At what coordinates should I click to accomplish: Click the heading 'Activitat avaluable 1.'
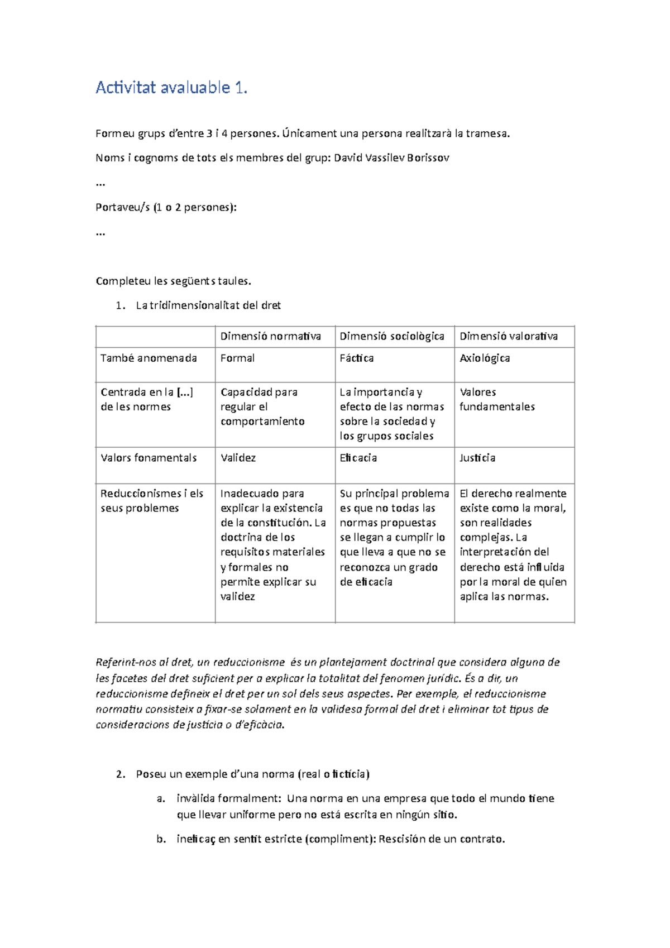[x=171, y=88]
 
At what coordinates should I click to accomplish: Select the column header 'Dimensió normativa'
[x=270, y=336]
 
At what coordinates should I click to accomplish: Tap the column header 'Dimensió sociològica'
[x=391, y=336]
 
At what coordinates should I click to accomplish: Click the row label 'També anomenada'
[x=149, y=358]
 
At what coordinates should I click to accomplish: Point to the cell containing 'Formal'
[x=237, y=358]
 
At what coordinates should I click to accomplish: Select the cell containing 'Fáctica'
[x=357, y=358]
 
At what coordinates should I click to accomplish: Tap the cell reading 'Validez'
[x=238, y=458]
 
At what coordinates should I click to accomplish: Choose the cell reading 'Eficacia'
[x=358, y=458]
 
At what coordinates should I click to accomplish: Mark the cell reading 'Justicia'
[x=477, y=458]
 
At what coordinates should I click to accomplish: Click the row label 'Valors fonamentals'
[x=149, y=458]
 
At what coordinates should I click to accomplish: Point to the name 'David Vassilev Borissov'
[x=391, y=158]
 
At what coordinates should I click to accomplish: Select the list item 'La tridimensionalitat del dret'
[x=208, y=305]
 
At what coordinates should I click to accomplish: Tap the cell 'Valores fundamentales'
[x=497, y=399]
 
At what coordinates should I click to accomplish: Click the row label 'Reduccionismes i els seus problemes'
[x=151, y=501]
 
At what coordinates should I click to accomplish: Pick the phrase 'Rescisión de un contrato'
[x=441, y=839]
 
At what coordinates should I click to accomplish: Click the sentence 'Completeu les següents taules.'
[x=174, y=281]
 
